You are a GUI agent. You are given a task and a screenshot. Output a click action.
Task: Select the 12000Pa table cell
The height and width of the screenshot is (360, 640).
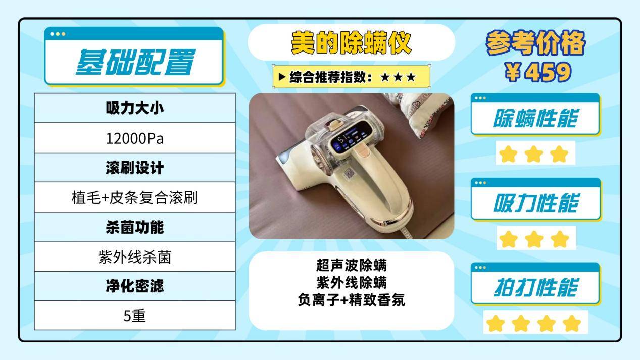point(135,138)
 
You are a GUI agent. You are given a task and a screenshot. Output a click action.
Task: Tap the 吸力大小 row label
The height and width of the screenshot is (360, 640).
point(135,108)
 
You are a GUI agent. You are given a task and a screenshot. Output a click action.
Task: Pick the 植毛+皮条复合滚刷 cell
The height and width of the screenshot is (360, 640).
point(135,197)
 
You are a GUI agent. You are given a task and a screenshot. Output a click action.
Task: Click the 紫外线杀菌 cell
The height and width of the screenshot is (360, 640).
point(135,257)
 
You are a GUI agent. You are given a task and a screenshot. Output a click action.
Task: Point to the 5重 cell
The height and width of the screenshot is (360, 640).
point(135,316)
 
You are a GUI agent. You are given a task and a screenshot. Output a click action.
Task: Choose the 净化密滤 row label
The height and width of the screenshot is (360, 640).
point(135,286)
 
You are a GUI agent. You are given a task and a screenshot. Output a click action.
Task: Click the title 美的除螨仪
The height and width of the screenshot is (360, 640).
point(351,43)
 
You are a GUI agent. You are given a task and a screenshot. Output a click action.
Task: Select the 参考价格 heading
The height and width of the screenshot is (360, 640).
point(535,44)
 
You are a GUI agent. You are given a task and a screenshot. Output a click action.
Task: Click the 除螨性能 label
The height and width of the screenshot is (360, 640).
point(535,119)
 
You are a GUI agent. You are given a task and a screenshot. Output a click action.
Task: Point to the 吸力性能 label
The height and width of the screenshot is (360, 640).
point(535,203)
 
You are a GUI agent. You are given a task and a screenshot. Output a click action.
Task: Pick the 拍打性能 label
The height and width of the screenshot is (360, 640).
point(535,288)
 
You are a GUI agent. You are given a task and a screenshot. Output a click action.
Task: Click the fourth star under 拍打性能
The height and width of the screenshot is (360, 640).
point(572,323)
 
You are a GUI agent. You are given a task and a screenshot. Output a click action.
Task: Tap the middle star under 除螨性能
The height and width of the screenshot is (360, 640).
point(533,154)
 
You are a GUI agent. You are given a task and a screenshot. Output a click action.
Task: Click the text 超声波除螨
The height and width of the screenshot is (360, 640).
point(351,265)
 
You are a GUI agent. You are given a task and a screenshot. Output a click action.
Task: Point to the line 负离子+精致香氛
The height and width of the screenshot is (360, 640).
point(351,300)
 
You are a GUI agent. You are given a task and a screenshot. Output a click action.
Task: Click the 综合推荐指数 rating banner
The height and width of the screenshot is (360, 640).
point(352,77)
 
